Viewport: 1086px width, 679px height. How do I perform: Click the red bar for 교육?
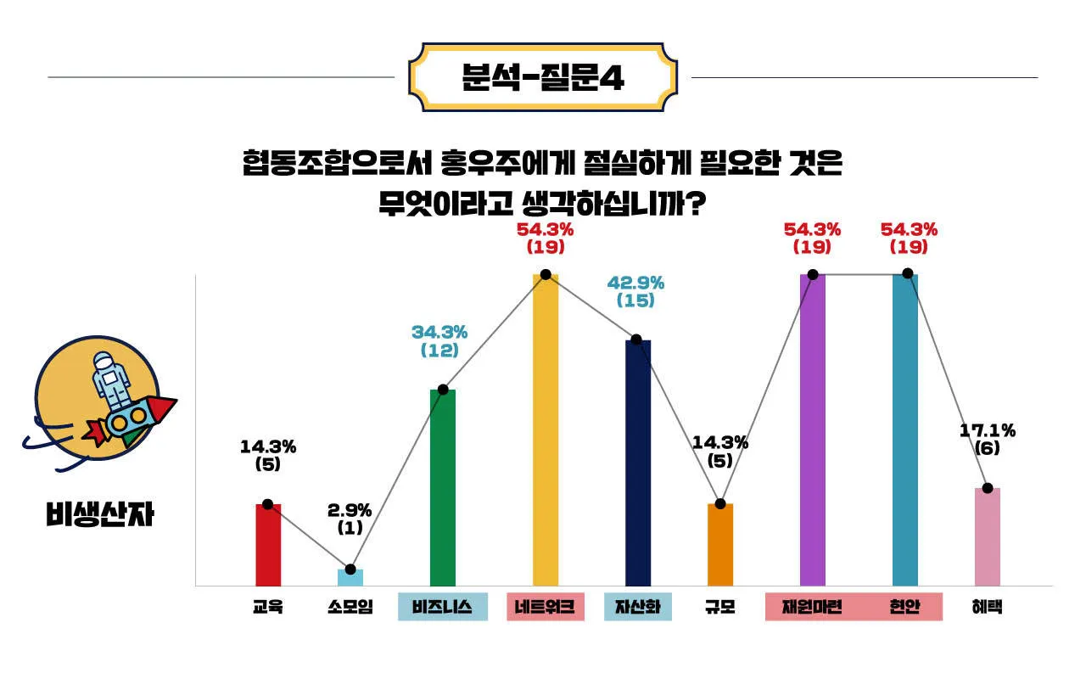click(x=268, y=545)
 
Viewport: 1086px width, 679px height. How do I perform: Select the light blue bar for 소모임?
click(x=350, y=577)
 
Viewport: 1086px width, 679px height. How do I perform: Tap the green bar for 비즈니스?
click(x=443, y=488)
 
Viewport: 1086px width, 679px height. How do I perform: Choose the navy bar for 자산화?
click(x=638, y=463)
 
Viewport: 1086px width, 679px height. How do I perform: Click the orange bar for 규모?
click(x=720, y=545)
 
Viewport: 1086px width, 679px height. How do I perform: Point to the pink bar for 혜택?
click(x=988, y=536)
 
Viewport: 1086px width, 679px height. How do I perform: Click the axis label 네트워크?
click(x=546, y=607)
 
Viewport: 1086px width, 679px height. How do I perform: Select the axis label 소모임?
click(x=350, y=607)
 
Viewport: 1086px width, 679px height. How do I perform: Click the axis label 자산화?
click(x=638, y=607)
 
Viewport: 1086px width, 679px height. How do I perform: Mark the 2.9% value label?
click(x=350, y=510)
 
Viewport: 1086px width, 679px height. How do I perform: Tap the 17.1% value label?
click(x=988, y=430)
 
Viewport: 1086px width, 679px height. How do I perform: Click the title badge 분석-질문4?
click(x=543, y=77)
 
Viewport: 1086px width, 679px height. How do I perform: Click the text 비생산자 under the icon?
click(x=100, y=514)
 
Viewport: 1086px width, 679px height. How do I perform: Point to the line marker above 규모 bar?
click(x=720, y=504)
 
